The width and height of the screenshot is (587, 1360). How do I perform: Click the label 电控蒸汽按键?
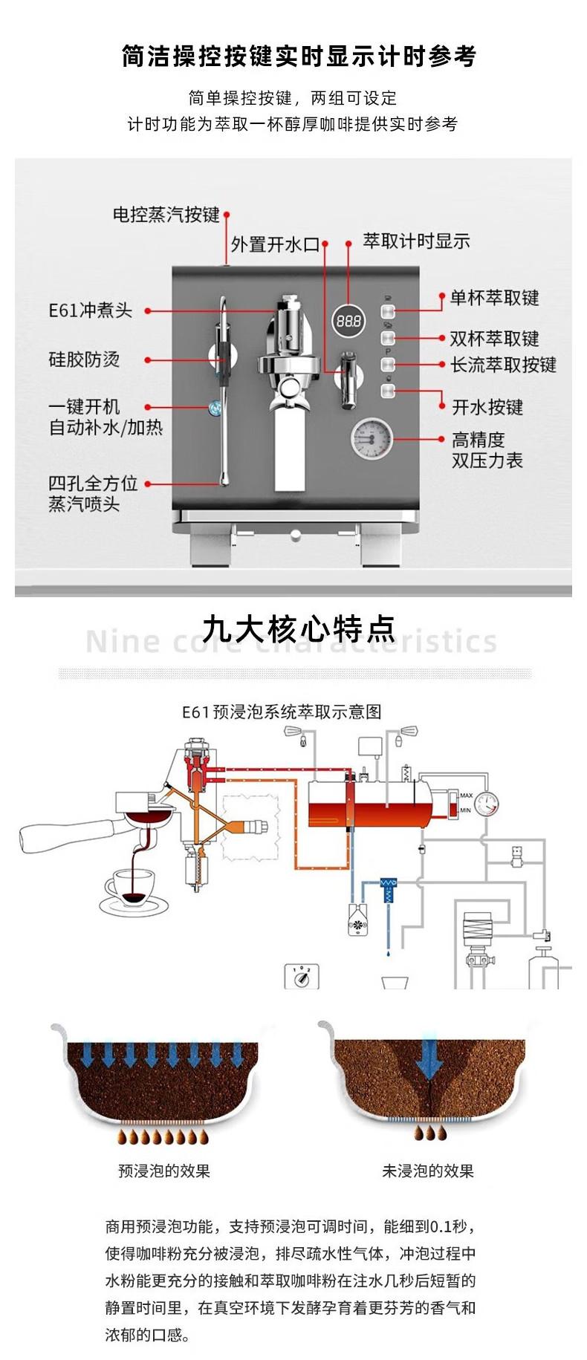click(166, 215)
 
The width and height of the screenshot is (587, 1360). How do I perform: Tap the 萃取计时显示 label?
click(416, 241)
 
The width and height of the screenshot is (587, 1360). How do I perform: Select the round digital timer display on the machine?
click(348, 321)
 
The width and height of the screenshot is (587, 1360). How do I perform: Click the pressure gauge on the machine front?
click(371, 437)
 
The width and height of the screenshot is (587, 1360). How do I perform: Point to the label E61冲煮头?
click(90, 310)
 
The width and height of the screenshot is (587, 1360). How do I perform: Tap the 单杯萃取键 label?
click(494, 298)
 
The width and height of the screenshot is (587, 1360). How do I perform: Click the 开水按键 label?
click(487, 407)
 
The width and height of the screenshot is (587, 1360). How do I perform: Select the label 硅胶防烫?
click(84, 359)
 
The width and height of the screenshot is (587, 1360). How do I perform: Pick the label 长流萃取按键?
click(503, 365)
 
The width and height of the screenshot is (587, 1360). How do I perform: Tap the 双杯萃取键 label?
click(494, 339)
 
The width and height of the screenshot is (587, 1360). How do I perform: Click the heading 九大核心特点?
click(299, 628)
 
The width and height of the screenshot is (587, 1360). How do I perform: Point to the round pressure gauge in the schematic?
click(487, 803)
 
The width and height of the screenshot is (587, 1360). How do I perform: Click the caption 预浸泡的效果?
click(164, 1171)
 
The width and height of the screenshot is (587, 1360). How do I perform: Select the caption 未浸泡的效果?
click(427, 1171)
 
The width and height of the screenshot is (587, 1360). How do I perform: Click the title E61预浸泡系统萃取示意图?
click(282, 712)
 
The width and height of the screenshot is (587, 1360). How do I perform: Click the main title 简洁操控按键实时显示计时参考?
click(299, 56)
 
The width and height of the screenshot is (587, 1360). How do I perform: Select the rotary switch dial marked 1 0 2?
click(302, 977)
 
